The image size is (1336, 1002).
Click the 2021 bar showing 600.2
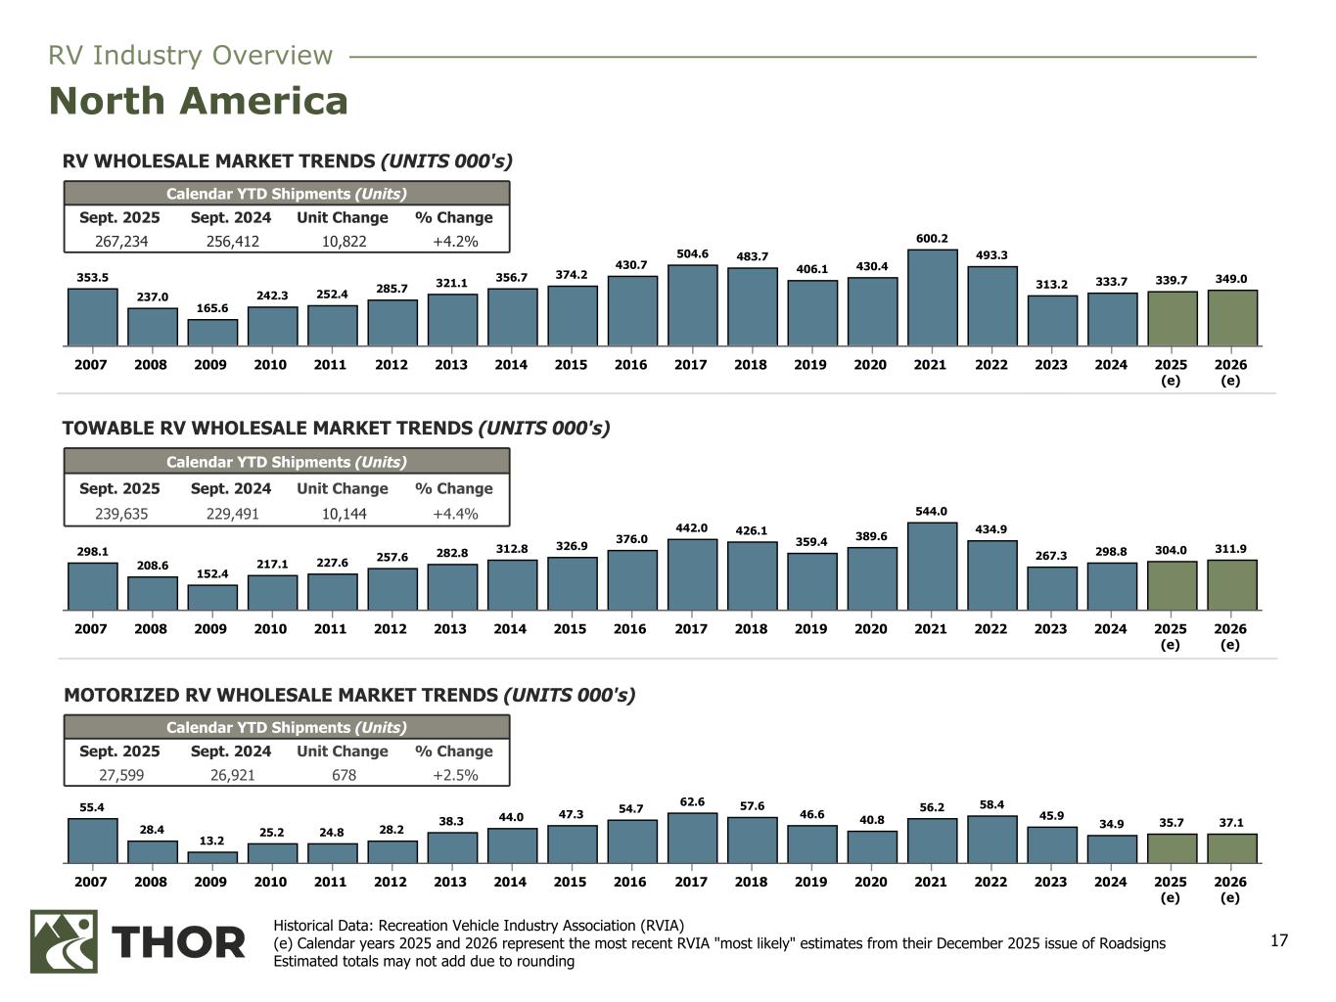[x=932, y=297]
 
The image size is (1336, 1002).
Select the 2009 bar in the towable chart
[x=211, y=598]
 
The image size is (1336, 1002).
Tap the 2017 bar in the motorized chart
[x=692, y=838]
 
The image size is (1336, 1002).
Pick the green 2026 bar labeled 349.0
[x=1231, y=318]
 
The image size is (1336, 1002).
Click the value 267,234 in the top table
[x=120, y=242]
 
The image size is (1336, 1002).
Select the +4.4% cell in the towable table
[x=454, y=514]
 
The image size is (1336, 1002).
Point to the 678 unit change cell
[x=343, y=775]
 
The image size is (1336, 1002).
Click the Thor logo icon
[x=64, y=941]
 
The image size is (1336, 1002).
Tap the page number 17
[x=1278, y=941]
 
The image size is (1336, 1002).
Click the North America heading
[x=198, y=102]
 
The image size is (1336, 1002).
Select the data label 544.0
[x=931, y=511]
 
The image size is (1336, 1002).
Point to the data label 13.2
[x=211, y=841]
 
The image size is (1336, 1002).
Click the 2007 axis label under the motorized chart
[x=91, y=882]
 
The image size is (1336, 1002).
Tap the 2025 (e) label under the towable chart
[x=1170, y=636]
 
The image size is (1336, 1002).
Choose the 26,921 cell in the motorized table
[x=231, y=775]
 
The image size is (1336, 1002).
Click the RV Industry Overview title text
[x=191, y=56]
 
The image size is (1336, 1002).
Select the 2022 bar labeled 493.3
[x=991, y=306]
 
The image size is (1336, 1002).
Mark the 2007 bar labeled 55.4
[x=92, y=841]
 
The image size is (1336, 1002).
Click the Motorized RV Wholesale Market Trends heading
[x=349, y=696]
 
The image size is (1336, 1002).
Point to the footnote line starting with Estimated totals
[x=424, y=961]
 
